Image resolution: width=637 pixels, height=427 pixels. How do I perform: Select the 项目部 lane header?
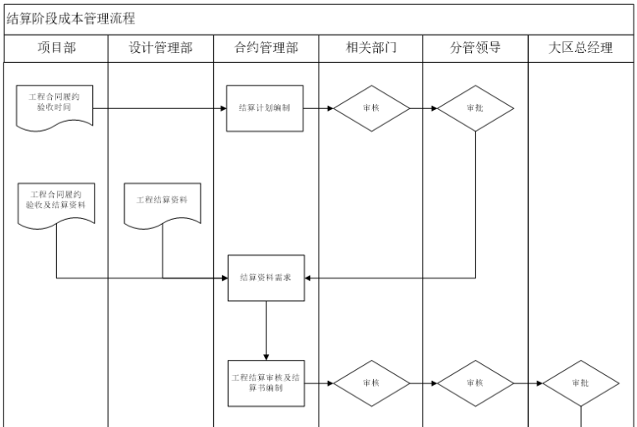coord(56,48)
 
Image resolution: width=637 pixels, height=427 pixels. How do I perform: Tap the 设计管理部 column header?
coord(161,48)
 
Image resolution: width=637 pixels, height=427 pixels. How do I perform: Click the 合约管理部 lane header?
coord(266,48)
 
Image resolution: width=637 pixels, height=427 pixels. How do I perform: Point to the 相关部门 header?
coord(370,48)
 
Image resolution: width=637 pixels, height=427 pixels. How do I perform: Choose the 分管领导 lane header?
coord(475,48)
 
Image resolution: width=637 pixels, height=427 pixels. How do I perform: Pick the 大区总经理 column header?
coord(581,48)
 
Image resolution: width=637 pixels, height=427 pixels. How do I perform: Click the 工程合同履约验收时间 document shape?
coord(54,106)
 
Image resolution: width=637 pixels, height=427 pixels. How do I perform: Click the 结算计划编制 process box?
coord(265,108)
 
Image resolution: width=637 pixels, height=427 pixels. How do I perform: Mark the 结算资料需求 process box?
coord(266,278)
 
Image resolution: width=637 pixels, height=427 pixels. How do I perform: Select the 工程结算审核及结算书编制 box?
coord(265,383)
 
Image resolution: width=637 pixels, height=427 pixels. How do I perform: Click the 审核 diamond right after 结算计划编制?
coord(371,108)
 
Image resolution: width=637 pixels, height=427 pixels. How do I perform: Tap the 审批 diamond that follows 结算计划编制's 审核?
coord(475,108)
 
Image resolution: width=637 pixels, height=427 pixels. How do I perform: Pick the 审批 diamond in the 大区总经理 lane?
coord(581,383)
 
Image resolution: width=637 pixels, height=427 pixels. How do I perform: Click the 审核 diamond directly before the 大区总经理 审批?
coord(475,383)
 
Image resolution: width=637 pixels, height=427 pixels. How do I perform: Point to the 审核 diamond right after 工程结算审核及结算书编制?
coord(371,383)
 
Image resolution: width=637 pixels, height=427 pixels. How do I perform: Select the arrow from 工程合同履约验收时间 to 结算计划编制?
coord(159,108)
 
